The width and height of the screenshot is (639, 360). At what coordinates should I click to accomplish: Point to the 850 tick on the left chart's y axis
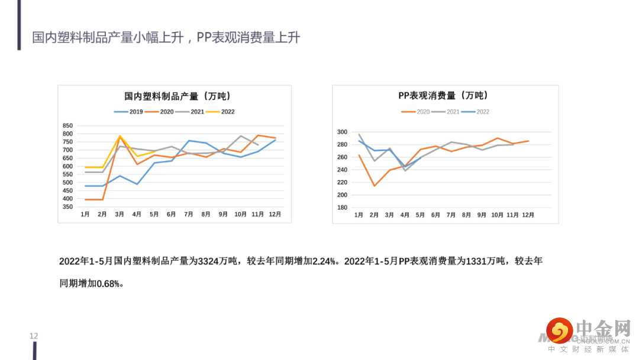tap(67, 126)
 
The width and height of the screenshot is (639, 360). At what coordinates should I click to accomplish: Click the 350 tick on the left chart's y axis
tap(67, 207)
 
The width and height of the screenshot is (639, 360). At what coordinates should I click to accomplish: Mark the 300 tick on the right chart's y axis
tap(341, 132)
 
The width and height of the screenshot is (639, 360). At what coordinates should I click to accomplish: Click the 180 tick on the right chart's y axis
tap(341, 208)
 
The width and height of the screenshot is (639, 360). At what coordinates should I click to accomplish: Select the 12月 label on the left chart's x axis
tap(275, 214)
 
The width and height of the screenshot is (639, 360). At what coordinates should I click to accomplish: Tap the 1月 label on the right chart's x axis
tap(359, 215)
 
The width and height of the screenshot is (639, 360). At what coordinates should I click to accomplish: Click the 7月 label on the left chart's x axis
tap(189, 214)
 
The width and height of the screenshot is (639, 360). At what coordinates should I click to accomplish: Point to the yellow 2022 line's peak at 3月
tap(120, 136)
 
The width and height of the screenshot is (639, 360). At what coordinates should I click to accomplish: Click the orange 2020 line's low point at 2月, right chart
tap(374, 186)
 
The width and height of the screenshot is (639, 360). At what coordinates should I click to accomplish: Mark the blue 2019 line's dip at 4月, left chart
tap(137, 184)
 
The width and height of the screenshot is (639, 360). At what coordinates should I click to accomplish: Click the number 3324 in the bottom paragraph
tap(208, 261)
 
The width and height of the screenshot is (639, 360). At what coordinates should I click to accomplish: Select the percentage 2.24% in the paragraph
tap(324, 261)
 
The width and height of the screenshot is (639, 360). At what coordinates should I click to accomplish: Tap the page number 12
tap(34, 336)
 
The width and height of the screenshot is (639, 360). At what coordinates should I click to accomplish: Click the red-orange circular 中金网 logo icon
tap(559, 330)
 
